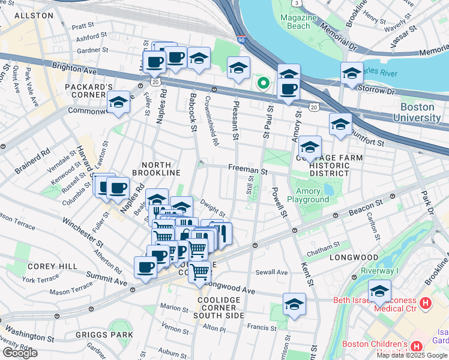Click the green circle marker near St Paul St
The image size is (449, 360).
(x=262, y=83)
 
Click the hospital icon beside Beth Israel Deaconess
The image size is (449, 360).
(x=426, y=304)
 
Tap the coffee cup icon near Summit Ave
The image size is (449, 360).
(x=145, y=268)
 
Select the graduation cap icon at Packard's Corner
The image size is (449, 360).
(x=119, y=103)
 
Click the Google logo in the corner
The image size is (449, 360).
(x=20, y=353)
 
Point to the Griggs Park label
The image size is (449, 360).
(x=104, y=335)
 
